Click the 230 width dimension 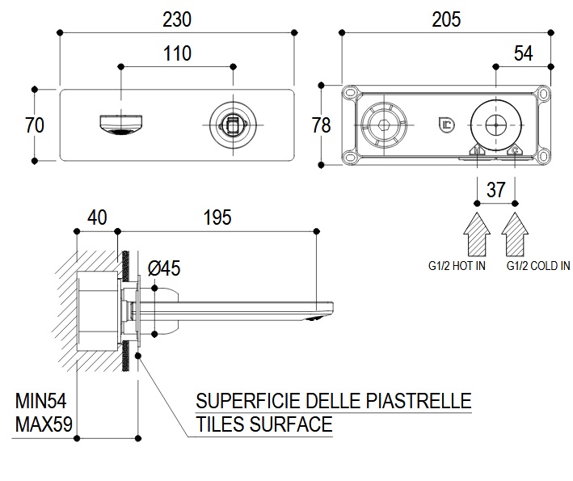[x=177, y=17]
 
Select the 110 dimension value [x=177, y=53]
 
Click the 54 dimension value [x=524, y=53]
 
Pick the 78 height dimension [x=322, y=125]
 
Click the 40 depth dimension [x=97, y=217]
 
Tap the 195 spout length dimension [x=216, y=217]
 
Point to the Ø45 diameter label [x=164, y=266]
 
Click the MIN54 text [x=40, y=401]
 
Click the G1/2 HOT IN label [x=457, y=265]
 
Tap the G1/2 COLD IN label [x=538, y=265]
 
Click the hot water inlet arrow [x=478, y=233]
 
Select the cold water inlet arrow [x=515, y=233]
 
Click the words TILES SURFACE [x=264, y=423]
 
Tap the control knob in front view [x=232, y=125]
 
